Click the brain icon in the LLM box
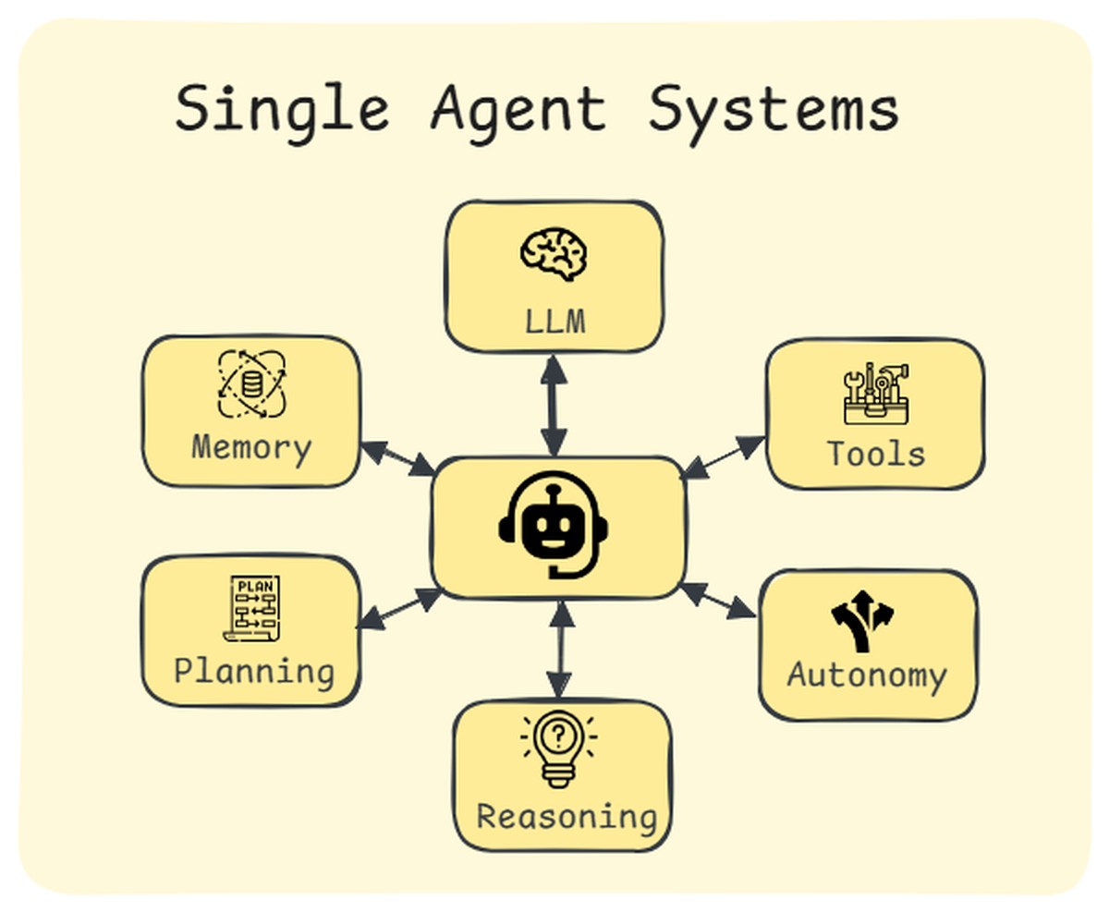(x=554, y=251)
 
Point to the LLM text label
(x=554, y=322)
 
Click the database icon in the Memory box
(x=251, y=383)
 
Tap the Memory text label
(x=251, y=448)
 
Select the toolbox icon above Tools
(x=875, y=395)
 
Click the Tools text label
(x=875, y=455)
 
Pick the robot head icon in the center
(x=554, y=525)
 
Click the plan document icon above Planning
(x=251, y=608)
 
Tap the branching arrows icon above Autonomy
(x=862, y=621)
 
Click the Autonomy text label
(x=867, y=675)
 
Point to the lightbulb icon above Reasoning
(x=558, y=748)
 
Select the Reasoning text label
(x=566, y=817)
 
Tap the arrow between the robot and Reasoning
(x=559, y=649)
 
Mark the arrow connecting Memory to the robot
(x=397, y=458)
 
